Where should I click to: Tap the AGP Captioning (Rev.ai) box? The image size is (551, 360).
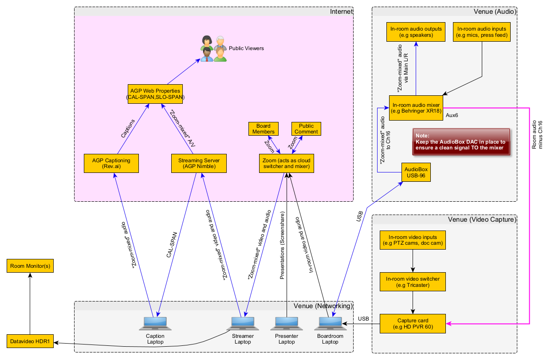(111, 163)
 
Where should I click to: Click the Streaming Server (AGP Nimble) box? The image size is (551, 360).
(199, 163)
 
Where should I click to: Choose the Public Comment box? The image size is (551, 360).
(306, 129)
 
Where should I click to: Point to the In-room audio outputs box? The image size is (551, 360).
(416, 32)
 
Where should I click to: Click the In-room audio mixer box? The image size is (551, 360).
(416, 107)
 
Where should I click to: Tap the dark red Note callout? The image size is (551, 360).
(460, 142)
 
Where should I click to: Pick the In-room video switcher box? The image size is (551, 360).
(413, 282)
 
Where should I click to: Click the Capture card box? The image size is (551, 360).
(413, 324)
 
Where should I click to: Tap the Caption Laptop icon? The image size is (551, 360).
(155, 324)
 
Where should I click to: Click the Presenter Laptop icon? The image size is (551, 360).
(287, 324)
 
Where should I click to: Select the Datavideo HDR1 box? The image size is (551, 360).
(30, 341)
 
